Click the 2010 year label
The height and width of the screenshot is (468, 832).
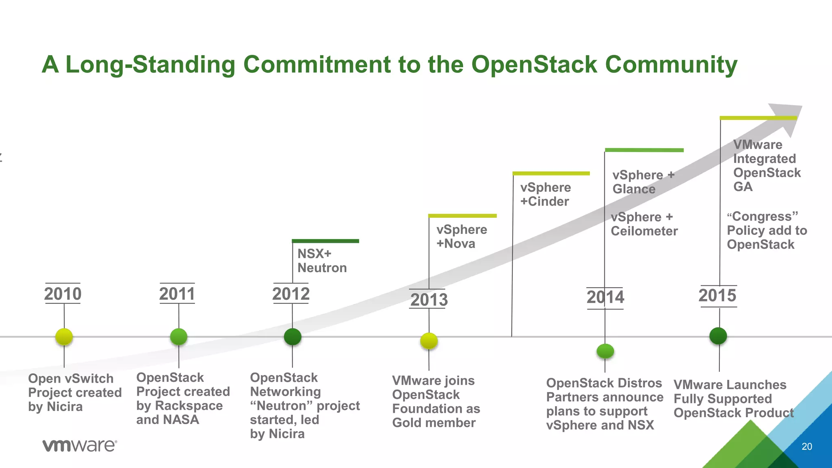tap(63, 294)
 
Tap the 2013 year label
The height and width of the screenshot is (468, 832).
tap(429, 300)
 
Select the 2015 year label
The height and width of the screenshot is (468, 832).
tap(717, 295)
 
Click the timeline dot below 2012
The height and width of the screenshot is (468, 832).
tap(292, 336)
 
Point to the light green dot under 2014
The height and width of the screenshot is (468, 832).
tap(605, 351)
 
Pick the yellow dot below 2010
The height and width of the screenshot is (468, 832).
tap(64, 336)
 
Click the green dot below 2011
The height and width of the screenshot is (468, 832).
tap(179, 336)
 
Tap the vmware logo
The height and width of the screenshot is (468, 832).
tap(80, 445)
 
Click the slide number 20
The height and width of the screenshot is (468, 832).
tap(806, 446)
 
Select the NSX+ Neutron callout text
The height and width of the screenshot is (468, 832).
tap(322, 261)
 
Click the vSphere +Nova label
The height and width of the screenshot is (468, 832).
tap(461, 236)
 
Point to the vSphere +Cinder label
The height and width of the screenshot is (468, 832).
tap(545, 194)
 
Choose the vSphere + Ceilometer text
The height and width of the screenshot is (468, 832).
tap(644, 224)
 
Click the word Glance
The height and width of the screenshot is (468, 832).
tap(634, 189)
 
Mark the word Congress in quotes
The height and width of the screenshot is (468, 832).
tap(762, 217)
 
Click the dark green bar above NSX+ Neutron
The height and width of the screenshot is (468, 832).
tap(325, 241)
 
